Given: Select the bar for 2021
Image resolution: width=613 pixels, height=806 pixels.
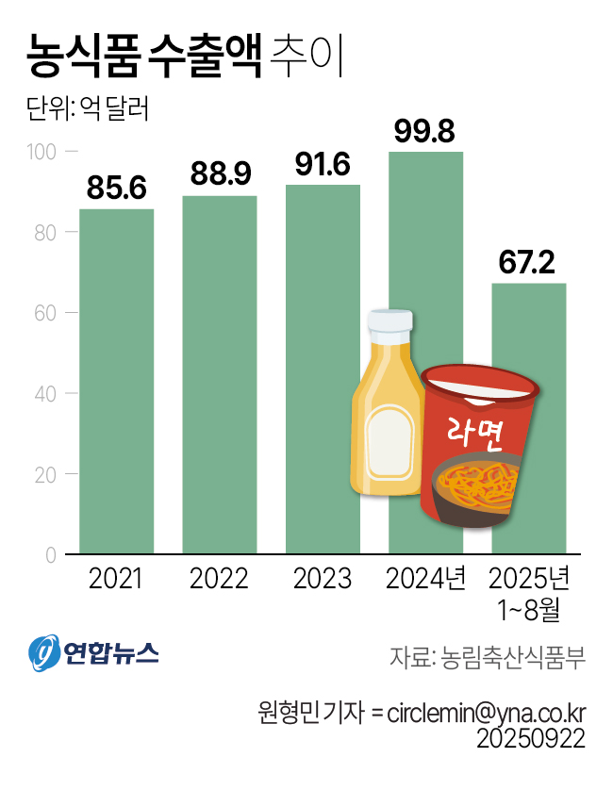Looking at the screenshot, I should point(116,381).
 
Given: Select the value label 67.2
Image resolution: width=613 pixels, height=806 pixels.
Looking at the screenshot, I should point(529,264).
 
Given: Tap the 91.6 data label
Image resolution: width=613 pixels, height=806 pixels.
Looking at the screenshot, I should point(323,165).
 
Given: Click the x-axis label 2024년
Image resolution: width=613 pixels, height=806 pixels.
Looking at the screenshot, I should point(426,577).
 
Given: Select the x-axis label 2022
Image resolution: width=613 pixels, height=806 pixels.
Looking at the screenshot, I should point(219,577).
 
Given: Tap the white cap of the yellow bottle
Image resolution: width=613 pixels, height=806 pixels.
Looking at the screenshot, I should point(389,322).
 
